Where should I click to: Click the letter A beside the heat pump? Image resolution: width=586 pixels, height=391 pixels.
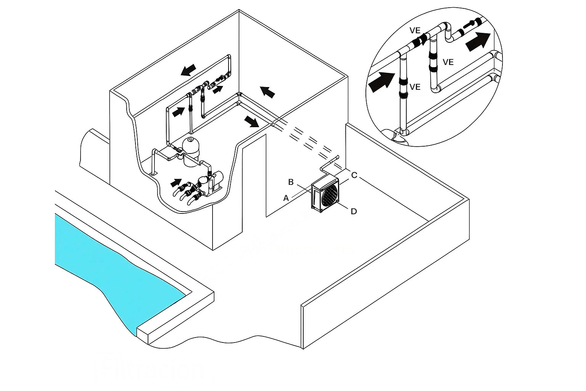286,198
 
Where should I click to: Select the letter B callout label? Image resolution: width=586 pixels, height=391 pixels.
291,182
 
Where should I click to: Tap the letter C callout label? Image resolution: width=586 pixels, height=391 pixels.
354,175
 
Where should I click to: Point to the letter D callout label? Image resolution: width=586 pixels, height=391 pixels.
354,211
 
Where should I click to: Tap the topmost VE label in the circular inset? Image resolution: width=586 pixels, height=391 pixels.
415,31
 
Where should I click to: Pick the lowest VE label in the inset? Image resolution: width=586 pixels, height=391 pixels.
415,87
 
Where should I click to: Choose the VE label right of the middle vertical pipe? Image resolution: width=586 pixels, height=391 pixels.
448,62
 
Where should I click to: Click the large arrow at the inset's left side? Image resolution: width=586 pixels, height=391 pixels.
382,81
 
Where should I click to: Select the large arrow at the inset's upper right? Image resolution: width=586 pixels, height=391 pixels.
478,41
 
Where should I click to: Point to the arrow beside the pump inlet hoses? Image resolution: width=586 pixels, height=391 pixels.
175,182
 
